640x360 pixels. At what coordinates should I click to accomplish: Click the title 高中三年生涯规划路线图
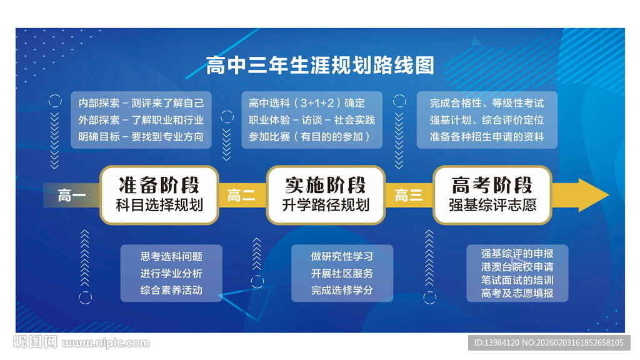coord(319,66)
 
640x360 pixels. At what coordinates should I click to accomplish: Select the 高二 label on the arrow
coord(241,196)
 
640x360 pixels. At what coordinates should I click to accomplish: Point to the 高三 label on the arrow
coord(409,196)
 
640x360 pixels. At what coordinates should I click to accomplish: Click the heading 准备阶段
coord(159,185)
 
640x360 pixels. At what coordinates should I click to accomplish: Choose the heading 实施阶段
coord(326,185)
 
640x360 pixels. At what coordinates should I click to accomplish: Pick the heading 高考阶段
coord(492,185)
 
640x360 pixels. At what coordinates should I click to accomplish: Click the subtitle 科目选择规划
coord(159,205)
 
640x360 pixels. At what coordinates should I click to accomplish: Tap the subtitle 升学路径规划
coord(326,205)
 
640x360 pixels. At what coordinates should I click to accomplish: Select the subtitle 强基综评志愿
coord(492,205)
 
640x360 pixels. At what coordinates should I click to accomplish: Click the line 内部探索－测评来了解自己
coord(141,103)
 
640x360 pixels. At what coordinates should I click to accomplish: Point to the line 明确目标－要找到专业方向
coord(141,136)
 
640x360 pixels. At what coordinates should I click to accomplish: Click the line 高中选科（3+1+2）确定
coord(306,103)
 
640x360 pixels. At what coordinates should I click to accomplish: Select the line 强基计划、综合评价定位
coord(486,120)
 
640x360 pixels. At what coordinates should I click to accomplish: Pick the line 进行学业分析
coord(171,273)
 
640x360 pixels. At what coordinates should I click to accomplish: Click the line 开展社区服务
coord(342,273)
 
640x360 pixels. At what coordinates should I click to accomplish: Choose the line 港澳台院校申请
coord(517,267)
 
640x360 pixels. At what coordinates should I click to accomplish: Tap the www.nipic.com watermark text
coord(106,343)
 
